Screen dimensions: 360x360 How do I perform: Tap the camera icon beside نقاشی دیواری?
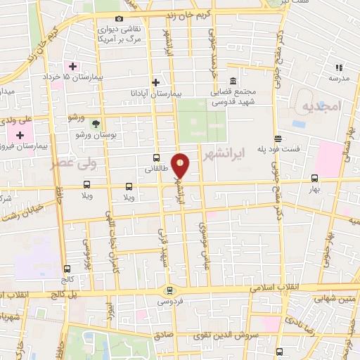(119, 18)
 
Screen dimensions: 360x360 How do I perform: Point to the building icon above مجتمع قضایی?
(233, 79)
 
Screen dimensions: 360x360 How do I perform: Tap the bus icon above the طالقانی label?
(156, 158)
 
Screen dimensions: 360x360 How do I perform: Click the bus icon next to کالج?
(67, 268)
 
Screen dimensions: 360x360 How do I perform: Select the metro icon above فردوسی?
(168, 290)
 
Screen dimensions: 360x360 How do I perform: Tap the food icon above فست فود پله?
(278, 138)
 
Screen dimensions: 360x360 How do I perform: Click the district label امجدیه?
(321, 105)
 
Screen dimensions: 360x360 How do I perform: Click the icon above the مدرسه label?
(338, 67)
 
